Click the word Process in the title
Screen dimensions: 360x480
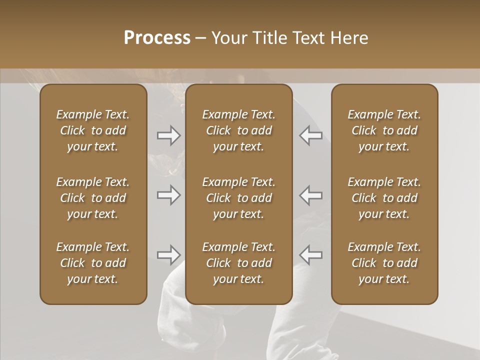(157, 38)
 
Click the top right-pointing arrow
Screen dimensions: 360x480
(168, 135)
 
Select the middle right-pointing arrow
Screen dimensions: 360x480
(168, 195)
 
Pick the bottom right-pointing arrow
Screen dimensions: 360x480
(168, 255)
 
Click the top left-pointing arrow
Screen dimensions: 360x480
(311, 135)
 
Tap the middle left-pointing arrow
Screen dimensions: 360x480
(311, 195)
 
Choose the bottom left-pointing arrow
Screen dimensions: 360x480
(311, 255)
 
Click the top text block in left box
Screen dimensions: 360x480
(93, 130)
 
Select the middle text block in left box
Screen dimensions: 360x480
(93, 198)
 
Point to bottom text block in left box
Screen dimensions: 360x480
(93, 263)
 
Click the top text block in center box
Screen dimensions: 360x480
(239, 130)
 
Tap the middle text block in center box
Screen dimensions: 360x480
(239, 198)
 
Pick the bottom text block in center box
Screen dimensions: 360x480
(239, 263)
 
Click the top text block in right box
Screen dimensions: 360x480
(384, 130)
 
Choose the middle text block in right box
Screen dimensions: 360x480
(384, 198)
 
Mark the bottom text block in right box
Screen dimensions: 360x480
(384, 263)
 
